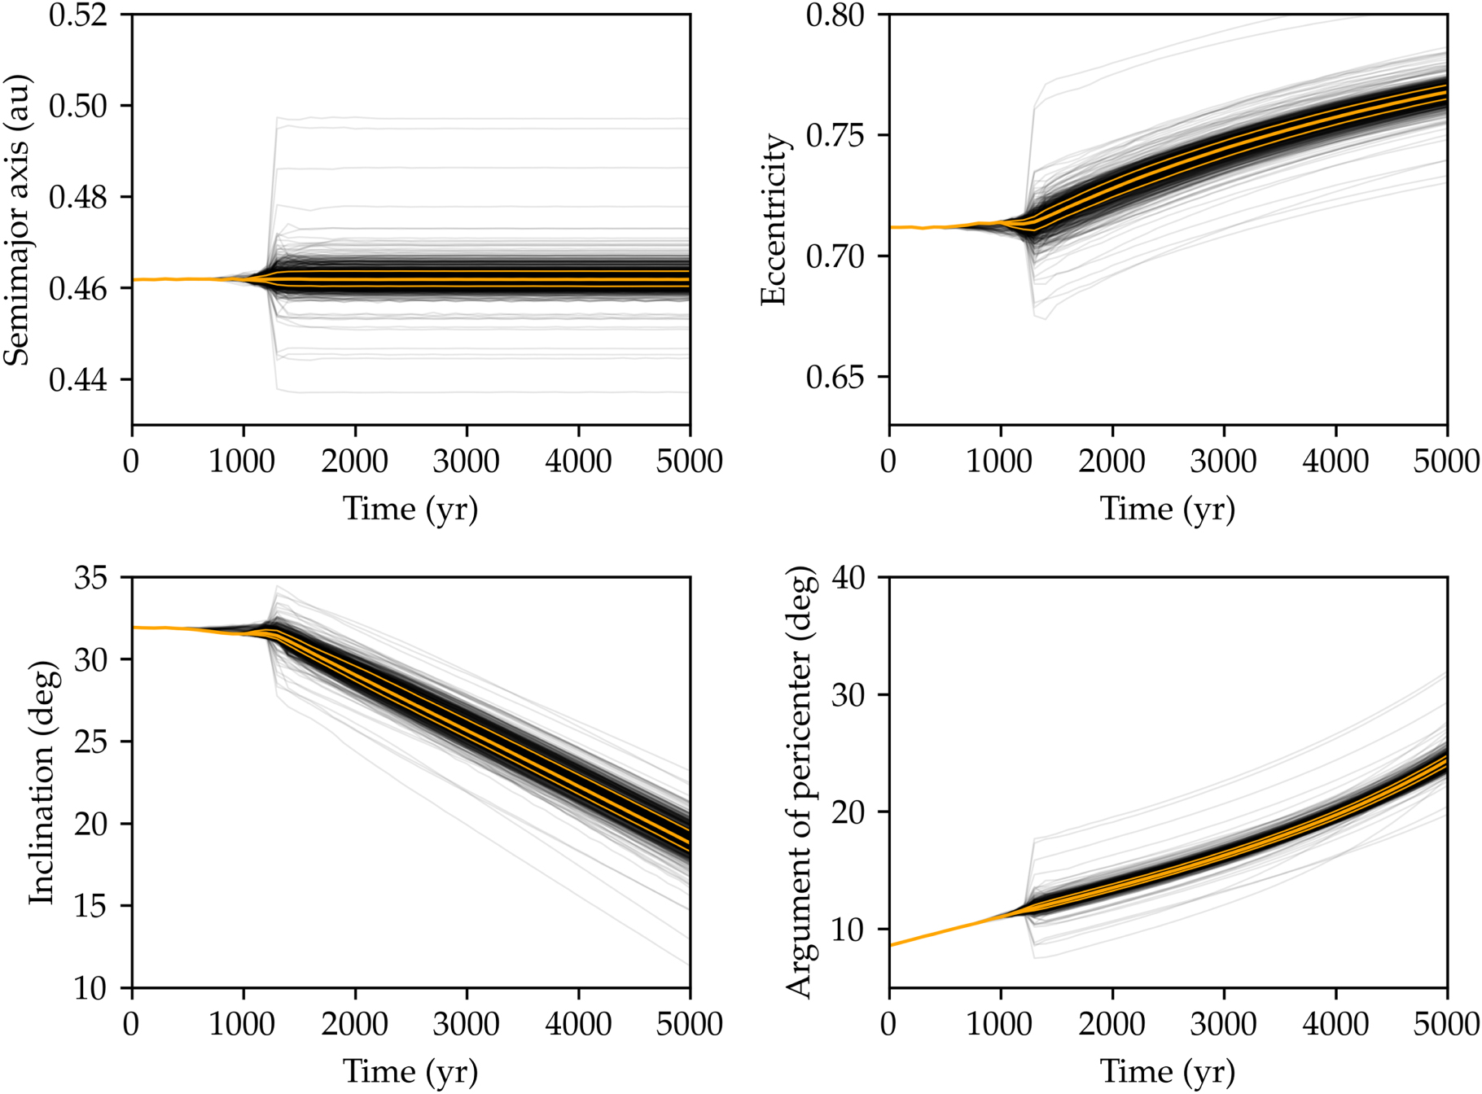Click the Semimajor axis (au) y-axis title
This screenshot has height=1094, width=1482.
18,220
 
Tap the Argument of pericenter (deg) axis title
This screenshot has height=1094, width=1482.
800,782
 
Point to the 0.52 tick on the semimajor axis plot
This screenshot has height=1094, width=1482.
78,15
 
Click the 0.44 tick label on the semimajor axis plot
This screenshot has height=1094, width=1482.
78,379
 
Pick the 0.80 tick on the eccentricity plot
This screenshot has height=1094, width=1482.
835,15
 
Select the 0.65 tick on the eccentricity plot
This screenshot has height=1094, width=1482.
835,378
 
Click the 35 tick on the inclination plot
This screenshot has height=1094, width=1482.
90,578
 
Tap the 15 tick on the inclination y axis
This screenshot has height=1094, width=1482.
90,906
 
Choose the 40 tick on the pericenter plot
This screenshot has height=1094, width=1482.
848,578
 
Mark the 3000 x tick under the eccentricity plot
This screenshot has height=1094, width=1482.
1224,462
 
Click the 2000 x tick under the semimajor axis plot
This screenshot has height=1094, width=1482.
355,462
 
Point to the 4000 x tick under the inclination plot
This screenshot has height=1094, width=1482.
578,1024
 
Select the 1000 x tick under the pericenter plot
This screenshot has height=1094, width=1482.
1000,1024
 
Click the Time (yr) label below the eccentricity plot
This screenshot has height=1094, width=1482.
1168,509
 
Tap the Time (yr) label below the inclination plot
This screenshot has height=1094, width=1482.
410,1071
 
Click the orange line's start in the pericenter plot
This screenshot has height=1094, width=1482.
891,945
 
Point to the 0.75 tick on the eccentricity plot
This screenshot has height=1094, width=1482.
835,135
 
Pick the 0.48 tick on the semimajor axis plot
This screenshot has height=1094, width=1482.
78,197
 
